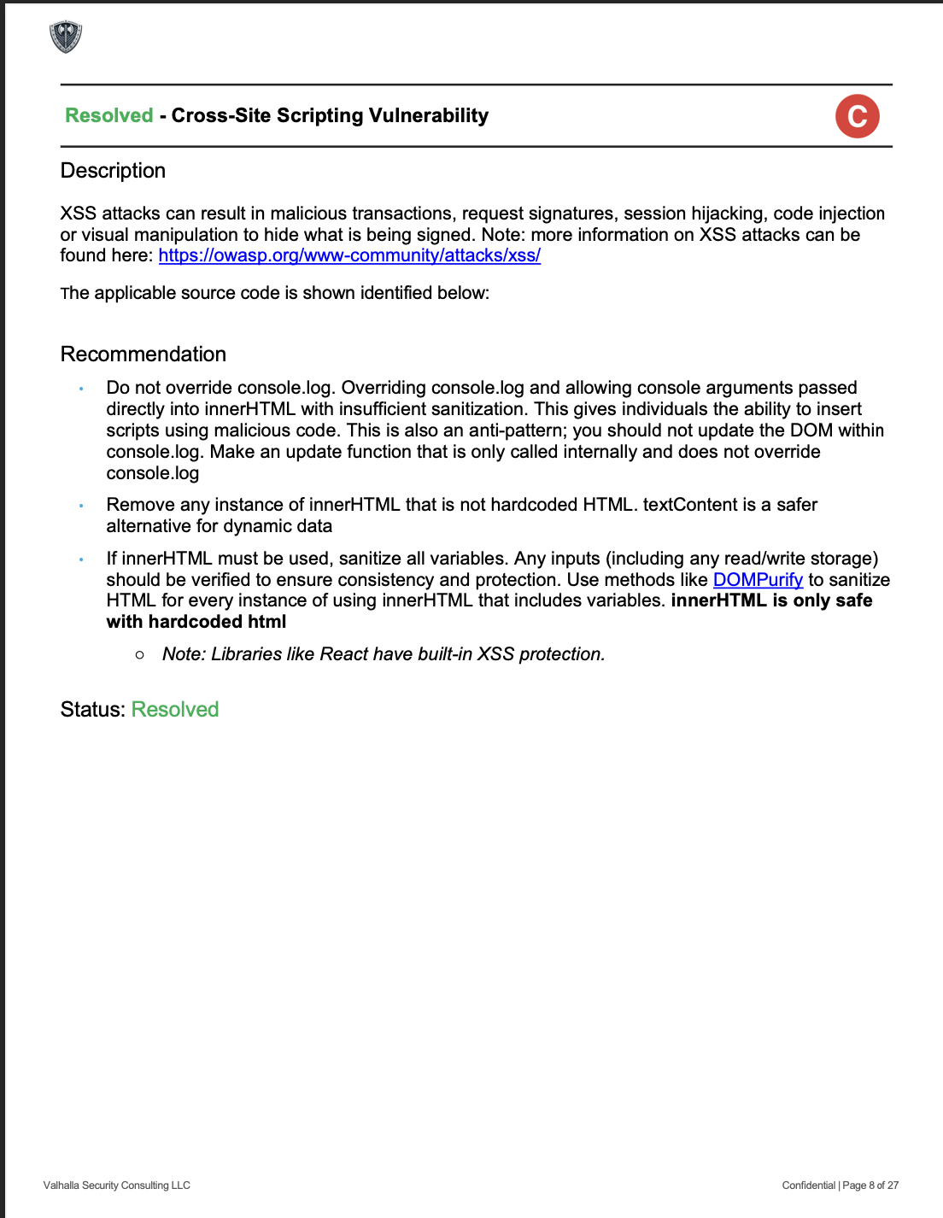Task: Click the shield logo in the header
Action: pos(66,37)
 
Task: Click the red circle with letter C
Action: pos(857,116)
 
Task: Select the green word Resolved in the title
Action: pos(109,115)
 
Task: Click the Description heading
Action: pos(113,171)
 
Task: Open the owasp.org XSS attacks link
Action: pos(349,255)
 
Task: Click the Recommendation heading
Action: pos(143,354)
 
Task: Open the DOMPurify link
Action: pos(758,580)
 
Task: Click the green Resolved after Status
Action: pos(175,710)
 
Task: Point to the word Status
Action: pos(92,710)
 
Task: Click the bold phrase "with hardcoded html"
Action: pos(196,622)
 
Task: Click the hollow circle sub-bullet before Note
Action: pos(139,655)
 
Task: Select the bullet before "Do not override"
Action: pos(81,389)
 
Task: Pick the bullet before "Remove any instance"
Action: pos(81,506)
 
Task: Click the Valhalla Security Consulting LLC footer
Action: pos(117,1186)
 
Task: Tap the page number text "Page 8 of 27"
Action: pos(870,1186)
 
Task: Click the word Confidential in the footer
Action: pos(808,1186)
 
